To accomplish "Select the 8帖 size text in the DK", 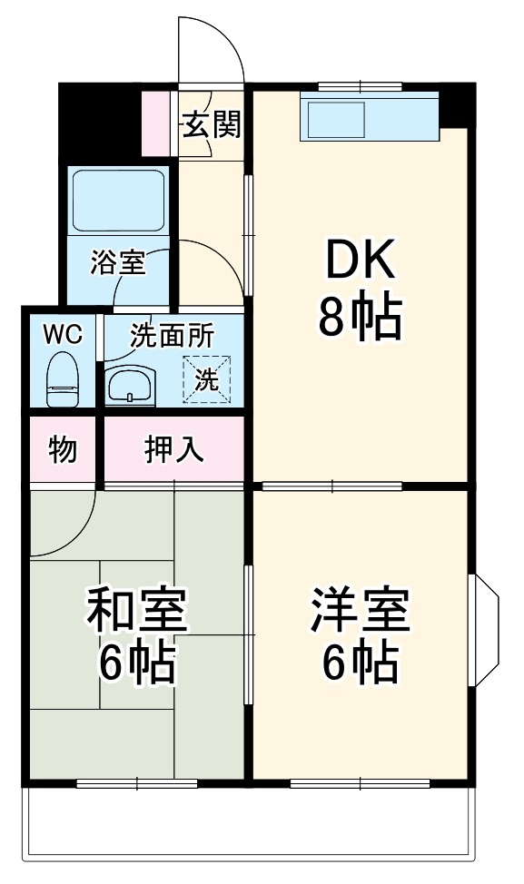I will pos(360,318).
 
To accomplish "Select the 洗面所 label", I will pos(172,336).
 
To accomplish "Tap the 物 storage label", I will pos(62,449).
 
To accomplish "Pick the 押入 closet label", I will pos(174,449).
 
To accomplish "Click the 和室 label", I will pos(136,611).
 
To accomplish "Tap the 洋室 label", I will pos(361,611).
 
